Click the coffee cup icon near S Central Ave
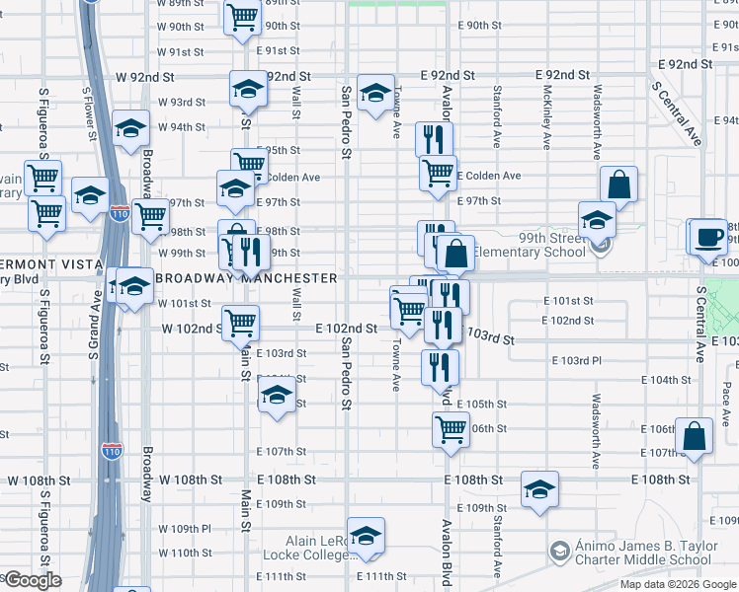707,237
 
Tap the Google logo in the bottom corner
32,580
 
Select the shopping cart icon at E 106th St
451,429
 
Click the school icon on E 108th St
540,489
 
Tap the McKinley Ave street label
547,116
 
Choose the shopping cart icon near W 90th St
242,18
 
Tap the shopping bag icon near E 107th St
695,436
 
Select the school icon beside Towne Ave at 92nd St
375,95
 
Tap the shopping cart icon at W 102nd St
240,322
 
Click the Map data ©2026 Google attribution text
678,584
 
